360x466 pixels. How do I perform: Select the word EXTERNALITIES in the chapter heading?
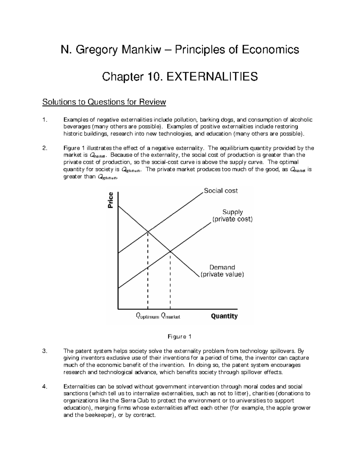point(212,77)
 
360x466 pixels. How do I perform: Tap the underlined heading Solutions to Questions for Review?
point(104,102)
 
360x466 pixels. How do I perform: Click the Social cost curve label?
point(221,191)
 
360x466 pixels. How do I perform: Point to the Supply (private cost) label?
point(232,216)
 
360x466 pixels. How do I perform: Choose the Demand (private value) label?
point(222,271)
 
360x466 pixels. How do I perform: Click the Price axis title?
point(110,200)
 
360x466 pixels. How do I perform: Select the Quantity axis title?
point(224,316)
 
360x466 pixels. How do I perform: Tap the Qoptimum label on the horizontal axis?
point(147,316)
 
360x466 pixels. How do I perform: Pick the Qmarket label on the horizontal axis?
point(170,316)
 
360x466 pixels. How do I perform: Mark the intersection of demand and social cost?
point(148,231)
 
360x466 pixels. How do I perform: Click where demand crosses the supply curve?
point(170,251)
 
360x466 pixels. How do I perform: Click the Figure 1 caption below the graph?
point(179,337)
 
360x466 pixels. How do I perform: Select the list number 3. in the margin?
point(45,351)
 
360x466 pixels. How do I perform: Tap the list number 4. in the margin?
point(45,387)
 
